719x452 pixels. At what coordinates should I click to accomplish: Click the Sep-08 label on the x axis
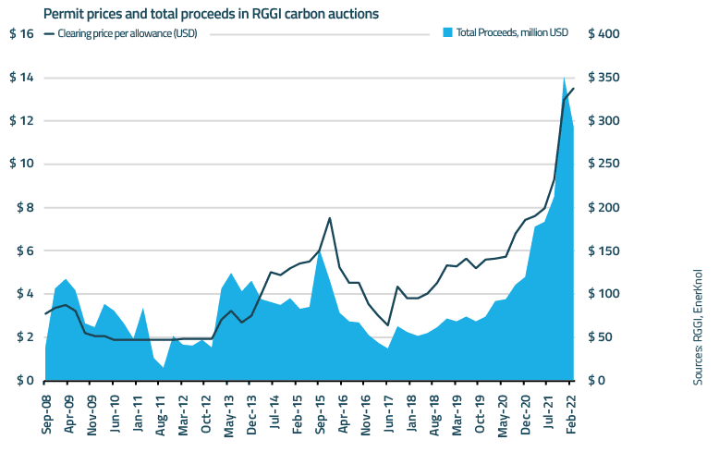(47, 415)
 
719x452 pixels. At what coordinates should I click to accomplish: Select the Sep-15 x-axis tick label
(321, 415)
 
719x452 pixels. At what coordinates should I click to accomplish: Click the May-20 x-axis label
(504, 415)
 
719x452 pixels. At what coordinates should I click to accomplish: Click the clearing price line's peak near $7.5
(330, 218)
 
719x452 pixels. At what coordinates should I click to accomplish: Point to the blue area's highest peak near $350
(564, 78)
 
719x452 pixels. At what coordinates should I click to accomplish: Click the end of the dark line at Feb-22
(574, 89)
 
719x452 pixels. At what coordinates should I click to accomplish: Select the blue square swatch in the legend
(448, 32)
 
